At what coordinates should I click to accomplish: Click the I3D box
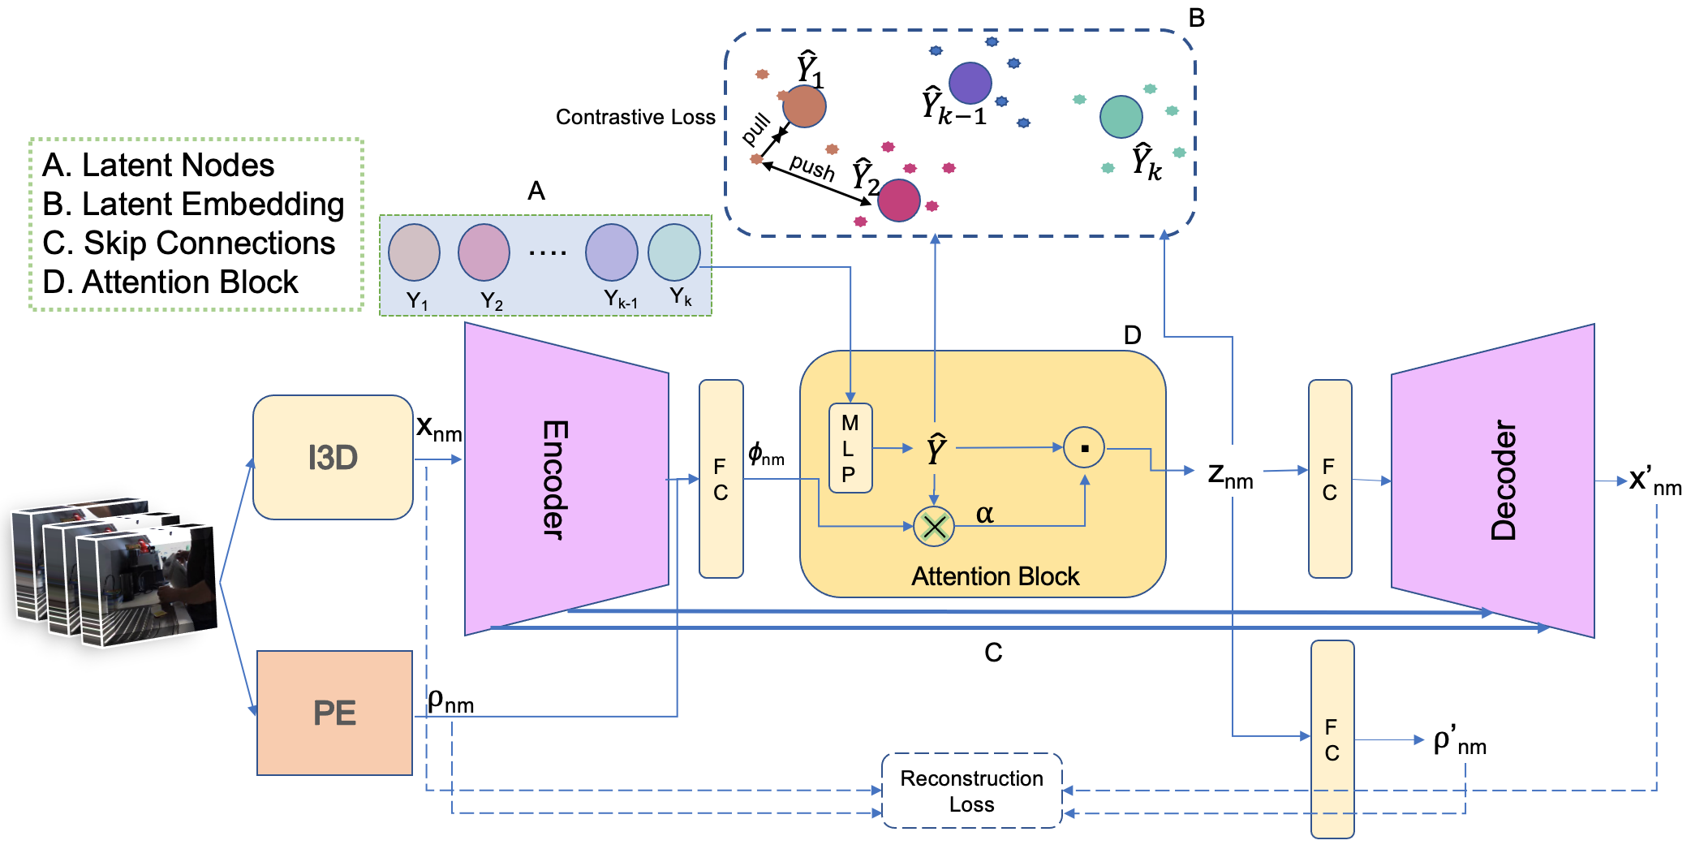click(x=333, y=457)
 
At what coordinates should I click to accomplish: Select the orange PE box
click(x=334, y=713)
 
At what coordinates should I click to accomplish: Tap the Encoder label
click(x=555, y=479)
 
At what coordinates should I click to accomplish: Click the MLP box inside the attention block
click(x=850, y=448)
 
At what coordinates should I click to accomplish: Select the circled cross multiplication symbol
click(x=934, y=527)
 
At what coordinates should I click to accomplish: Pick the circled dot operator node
click(x=1084, y=447)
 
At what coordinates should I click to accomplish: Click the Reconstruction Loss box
click(x=971, y=791)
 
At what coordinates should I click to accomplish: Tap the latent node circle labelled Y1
click(x=414, y=252)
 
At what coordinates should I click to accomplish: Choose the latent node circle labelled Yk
click(x=673, y=252)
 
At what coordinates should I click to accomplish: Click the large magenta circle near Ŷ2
click(x=899, y=200)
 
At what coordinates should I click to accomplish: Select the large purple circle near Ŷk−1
click(x=970, y=83)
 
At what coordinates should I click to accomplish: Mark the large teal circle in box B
click(x=1121, y=116)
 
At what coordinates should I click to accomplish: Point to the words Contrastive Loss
click(x=635, y=118)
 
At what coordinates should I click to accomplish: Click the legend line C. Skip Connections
click(x=188, y=243)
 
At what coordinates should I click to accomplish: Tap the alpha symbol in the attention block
click(x=984, y=513)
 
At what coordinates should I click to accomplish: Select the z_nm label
click(x=1230, y=475)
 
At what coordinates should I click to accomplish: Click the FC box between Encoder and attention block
click(x=721, y=479)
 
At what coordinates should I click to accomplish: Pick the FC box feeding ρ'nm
click(x=1332, y=739)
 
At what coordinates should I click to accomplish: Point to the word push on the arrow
click(x=812, y=168)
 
